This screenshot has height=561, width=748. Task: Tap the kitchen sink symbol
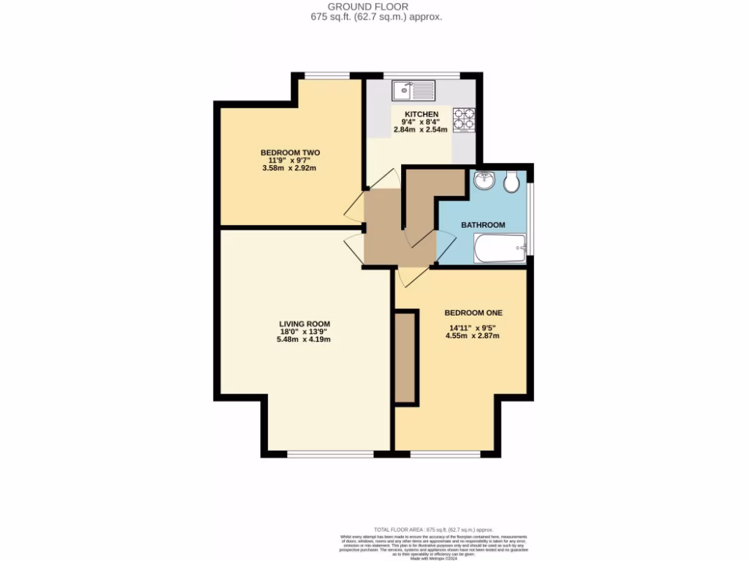(x=413, y=91)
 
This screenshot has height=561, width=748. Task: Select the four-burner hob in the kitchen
(x=464, y=118)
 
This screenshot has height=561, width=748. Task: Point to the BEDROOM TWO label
(x=290, y=153)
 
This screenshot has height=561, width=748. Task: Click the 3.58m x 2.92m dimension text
(x=290, y=168)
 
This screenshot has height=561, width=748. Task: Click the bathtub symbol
(x=499, y=248)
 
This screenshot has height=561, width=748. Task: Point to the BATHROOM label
(x=483, y=225)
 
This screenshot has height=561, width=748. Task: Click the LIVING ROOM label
(x=305, y=324)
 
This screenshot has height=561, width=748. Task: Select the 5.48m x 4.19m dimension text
(x=305, y=339)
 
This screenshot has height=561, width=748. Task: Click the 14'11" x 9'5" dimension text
(x=474, y=328)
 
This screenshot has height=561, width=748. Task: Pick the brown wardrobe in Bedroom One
(x=405, y=357)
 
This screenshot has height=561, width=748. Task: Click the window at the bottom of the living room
(x=331, y=454)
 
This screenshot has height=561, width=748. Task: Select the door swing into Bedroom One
(x=412, y=275)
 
